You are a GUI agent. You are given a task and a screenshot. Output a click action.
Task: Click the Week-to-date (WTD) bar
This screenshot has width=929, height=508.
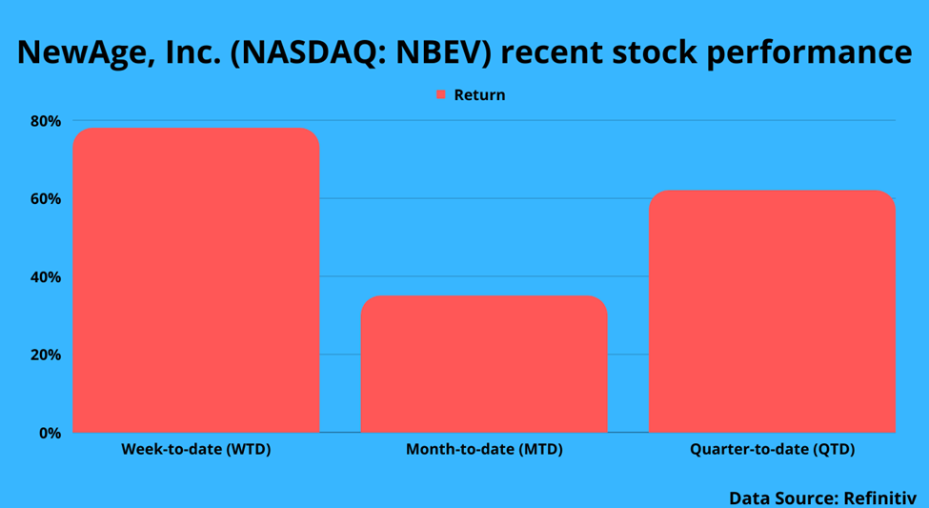[x=196, y=280]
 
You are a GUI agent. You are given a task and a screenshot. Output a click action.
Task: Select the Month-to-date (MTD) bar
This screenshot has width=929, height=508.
[x=484, y=364]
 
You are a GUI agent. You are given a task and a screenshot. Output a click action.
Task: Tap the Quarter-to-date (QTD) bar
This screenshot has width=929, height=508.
[x=772, y=312]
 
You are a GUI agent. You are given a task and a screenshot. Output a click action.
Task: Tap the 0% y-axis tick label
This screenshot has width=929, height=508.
[x=50, y=434]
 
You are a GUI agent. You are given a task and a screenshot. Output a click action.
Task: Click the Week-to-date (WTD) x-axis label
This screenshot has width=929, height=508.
[x=196, y=450]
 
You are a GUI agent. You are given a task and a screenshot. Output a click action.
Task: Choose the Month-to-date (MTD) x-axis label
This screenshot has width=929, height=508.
[x=484, y=450]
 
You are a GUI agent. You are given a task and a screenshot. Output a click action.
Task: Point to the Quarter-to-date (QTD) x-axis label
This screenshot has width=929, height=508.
[x=773, y=450]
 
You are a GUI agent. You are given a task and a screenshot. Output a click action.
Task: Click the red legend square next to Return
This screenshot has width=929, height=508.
[x=441, y=95]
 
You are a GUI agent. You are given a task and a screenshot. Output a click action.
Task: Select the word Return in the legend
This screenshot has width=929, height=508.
[x=480, y=95]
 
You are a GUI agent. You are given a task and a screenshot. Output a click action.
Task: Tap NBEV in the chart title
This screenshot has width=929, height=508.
[x=451, y=51]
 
